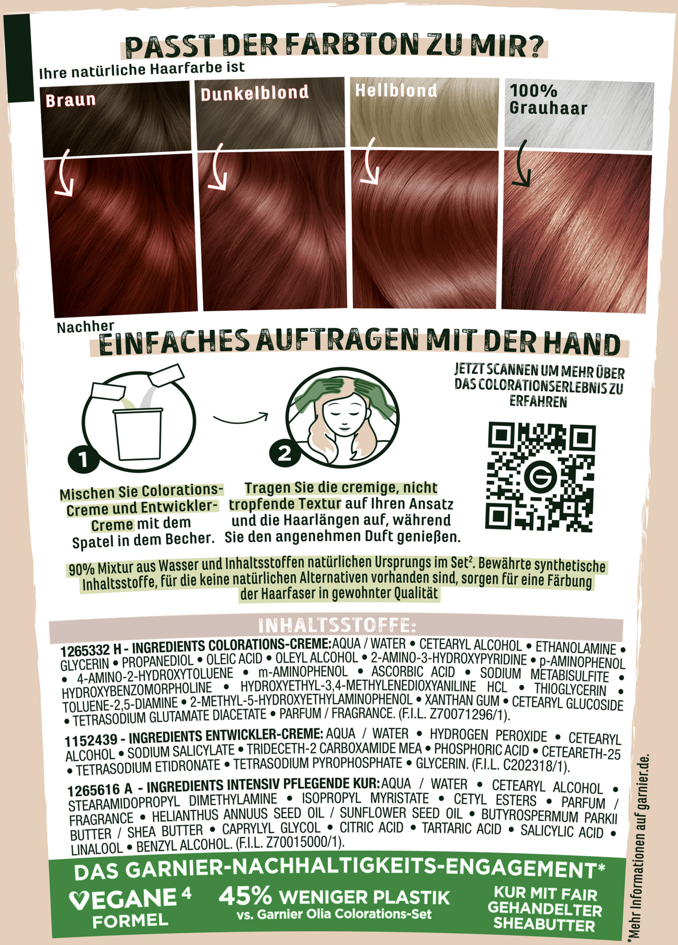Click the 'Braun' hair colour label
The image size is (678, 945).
[x=70, y=100]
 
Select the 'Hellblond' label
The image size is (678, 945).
[x=396, y=90]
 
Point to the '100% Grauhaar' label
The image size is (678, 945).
[x=548, y=99]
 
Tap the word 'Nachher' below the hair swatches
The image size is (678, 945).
[x=85, y=327]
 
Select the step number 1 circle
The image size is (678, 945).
[x=83, y=459]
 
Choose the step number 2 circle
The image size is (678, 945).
[x=285, y=453]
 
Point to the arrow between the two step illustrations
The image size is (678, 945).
[x=241, y=418]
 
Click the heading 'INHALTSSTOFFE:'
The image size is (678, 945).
[x=337, y=625]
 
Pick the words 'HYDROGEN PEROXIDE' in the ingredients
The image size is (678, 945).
[x=488, y=736]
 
